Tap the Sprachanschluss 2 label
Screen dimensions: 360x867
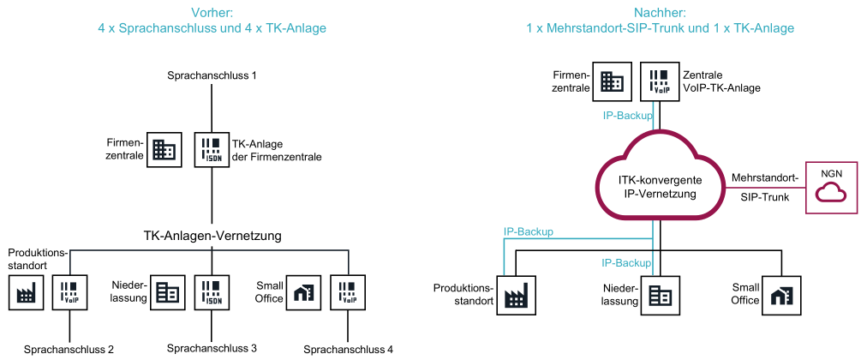69,350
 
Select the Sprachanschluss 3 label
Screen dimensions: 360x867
212,348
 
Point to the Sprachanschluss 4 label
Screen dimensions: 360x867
349,350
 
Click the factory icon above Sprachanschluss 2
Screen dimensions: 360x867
27,293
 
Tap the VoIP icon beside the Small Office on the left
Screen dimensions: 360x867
348,293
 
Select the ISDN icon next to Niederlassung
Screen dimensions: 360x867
212,293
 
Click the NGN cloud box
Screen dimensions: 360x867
831,187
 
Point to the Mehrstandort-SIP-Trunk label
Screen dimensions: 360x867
764,188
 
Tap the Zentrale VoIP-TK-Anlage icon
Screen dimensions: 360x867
659,81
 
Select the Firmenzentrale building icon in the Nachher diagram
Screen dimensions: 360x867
613,81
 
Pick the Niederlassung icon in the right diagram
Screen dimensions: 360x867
659,295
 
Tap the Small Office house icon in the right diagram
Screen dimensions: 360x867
781,295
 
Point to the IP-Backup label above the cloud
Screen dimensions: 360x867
627,115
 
